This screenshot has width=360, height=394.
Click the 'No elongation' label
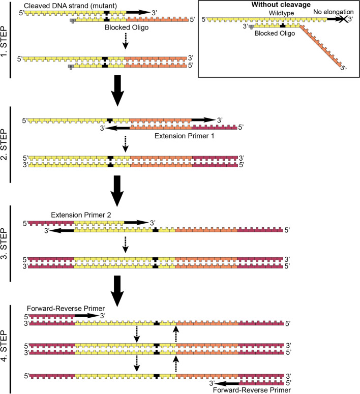[334, 12]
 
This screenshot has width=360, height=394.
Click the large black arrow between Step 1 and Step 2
[118, 90]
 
